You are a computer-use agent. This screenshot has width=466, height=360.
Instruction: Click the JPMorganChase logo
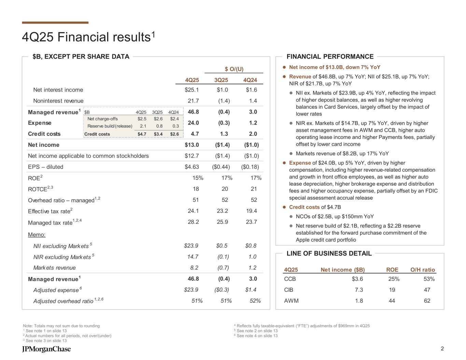(x=46, y=349)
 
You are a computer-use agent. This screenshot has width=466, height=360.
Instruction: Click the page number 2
(x=442, y=348)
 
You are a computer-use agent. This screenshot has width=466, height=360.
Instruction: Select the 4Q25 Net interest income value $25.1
(x=192, y=90)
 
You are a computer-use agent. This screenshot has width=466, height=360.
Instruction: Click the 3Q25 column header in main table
(x=221, y=80)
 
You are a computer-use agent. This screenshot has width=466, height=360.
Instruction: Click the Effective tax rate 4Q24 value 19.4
(x=251, y=211)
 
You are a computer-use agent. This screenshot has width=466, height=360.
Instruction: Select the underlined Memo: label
(x=37, y=235)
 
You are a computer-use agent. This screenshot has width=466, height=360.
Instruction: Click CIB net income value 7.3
(x=359, y=290)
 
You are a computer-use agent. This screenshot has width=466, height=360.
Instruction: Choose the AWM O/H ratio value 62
(x=427, y=301)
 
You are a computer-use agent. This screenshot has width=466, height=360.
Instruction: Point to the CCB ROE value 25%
(x=394, y=279)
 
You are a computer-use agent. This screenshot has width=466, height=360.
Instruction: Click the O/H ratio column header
(x=423, y=270)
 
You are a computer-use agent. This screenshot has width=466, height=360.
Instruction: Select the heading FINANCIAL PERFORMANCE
(x=330, y=57)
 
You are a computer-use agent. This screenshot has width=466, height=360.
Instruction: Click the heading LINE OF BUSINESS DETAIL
(x=329, y=254)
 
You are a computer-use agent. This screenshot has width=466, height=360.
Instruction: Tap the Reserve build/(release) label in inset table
(x=110, y=126)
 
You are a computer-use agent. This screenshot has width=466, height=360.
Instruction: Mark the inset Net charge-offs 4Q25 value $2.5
(x=142, y=119)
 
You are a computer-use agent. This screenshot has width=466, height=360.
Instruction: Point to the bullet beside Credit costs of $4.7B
(x=284, y=207)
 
